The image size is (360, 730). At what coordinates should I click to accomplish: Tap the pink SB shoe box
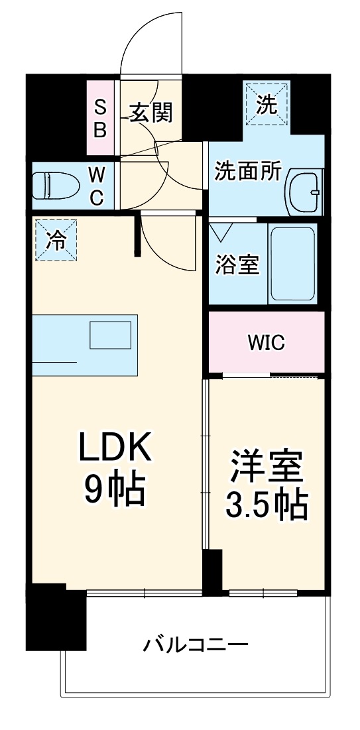100,117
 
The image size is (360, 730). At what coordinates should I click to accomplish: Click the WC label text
97,186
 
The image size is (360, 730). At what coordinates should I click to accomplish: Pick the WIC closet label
266,342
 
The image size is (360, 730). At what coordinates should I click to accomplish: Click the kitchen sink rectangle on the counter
111,335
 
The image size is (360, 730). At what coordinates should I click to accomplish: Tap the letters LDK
116,448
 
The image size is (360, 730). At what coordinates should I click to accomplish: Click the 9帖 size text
114,489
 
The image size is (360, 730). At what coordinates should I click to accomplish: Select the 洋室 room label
267,467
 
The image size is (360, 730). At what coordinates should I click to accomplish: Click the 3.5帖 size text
266,505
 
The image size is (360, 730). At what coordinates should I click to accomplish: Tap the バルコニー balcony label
196,643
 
